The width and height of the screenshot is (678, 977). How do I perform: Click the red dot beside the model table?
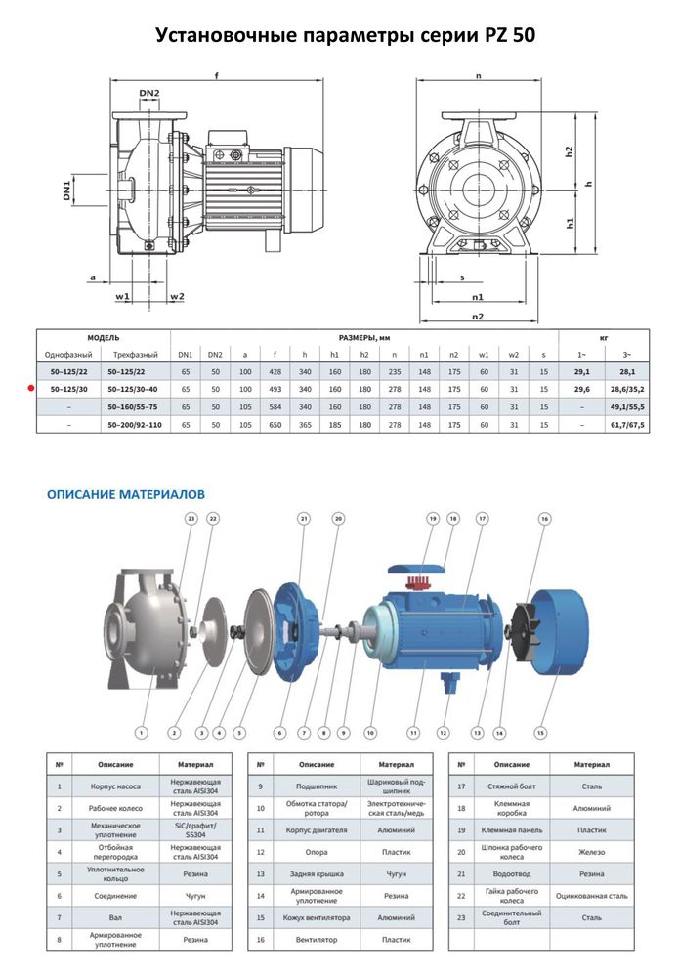click(x=30, y=389)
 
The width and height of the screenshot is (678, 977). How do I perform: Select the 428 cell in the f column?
click(x=276, y=372)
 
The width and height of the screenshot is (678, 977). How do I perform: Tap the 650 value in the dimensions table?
click(x=276, y=425)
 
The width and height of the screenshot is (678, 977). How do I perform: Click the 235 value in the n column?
click(x=394, y=372)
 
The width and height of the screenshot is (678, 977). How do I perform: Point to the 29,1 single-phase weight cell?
click(x=581, y=372)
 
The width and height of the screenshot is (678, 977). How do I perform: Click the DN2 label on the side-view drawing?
click(x=149, y=94)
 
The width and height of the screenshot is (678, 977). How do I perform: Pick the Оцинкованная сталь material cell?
click(x=590, y=895)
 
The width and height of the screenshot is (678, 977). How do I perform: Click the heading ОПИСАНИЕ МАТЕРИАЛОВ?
click(x=126, y=494)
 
